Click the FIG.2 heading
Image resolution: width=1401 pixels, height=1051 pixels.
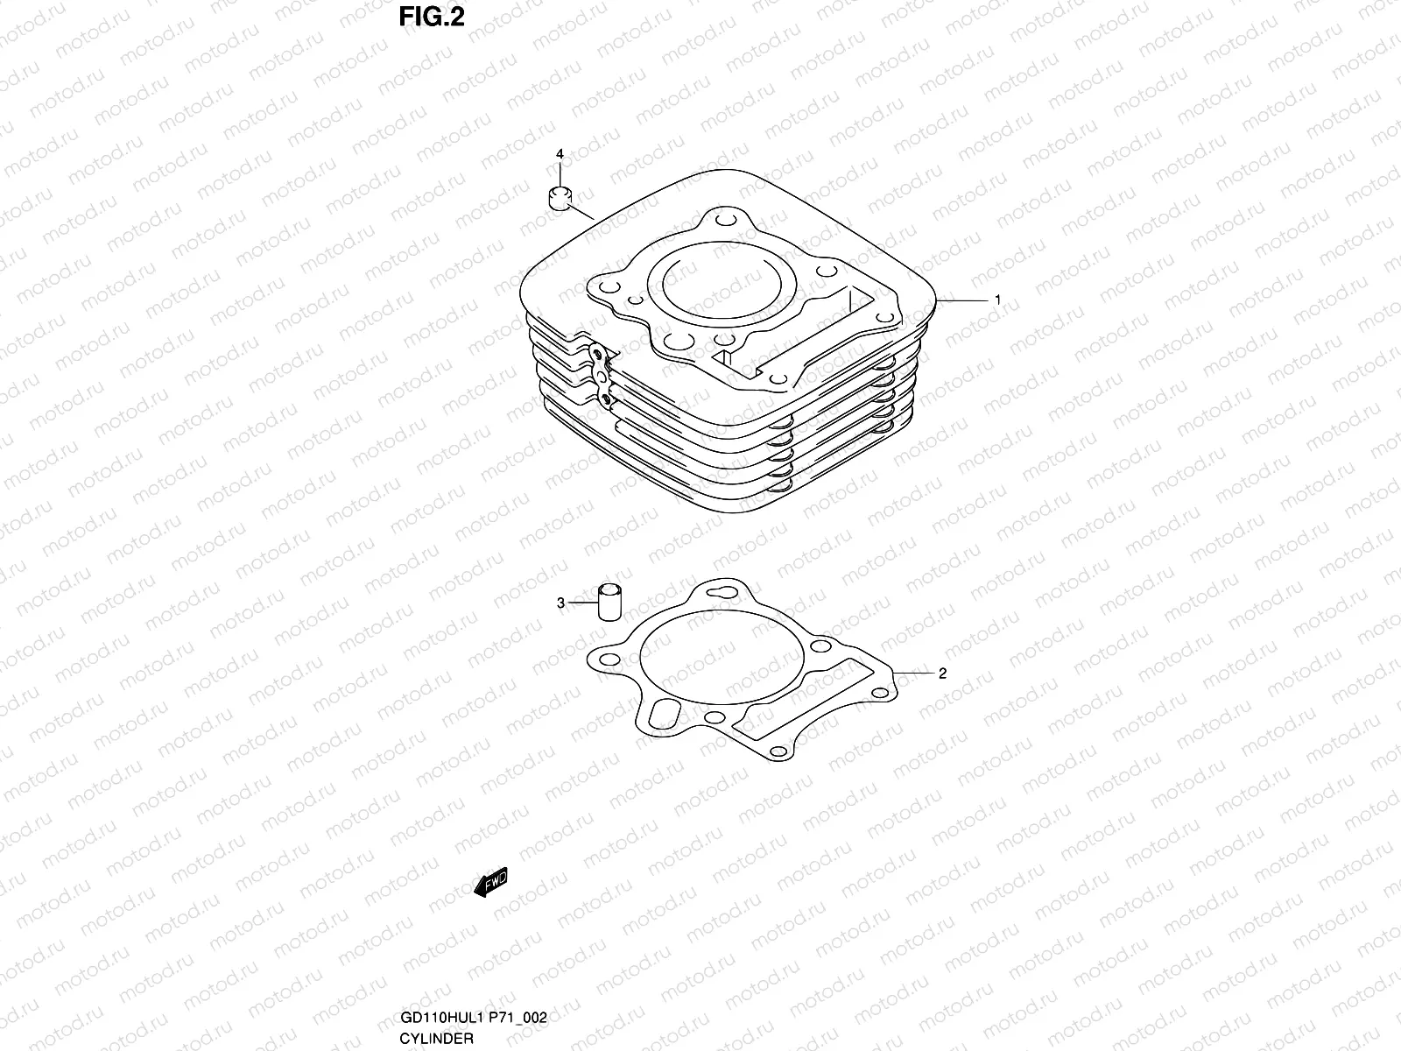[431, 17]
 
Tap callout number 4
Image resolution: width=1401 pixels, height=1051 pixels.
[560, 154]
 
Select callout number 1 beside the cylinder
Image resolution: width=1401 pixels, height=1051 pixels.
[996, 300]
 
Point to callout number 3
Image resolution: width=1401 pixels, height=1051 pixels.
[560, 603]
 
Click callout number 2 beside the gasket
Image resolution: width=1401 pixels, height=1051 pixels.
[942, 674]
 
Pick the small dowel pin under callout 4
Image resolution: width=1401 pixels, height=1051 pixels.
[560, 197]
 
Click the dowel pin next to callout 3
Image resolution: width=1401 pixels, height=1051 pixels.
[609, 601]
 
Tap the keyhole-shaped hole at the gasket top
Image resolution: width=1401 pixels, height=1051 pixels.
[717, 593]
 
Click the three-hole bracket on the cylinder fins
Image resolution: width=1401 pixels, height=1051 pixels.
[601, 375]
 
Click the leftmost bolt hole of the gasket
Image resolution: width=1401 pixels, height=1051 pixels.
[611, 658]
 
